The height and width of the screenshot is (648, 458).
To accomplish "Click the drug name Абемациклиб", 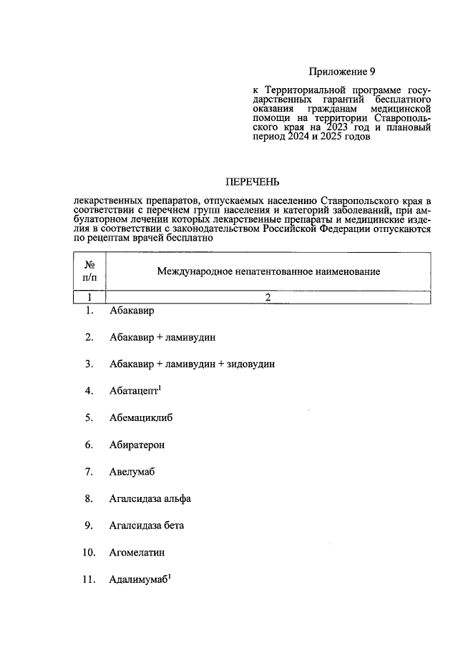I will click(142, 417).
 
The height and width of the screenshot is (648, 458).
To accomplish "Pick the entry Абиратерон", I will click(137, 445).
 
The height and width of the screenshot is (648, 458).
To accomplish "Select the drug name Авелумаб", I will click(132, 472).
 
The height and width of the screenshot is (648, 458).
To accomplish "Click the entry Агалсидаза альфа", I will click(150, 498).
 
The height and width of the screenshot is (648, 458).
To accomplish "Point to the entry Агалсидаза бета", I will click(147, 526).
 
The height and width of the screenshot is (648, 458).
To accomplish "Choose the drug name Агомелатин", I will click(137, 553).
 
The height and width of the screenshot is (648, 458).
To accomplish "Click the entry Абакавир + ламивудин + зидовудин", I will click(193, 364).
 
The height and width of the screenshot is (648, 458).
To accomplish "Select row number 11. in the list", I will click(89, 580).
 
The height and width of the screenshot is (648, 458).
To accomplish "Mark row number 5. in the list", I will click(89, 417).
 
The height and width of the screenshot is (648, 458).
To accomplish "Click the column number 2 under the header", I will click(268, 296).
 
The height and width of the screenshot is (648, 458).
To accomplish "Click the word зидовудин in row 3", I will click(251, 364).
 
